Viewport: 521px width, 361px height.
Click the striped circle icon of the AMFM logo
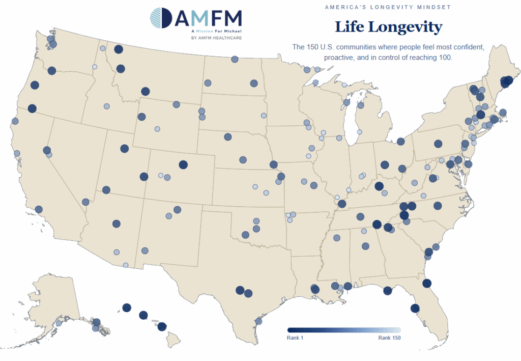[x=161, y=18]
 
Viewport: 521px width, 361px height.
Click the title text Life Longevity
[x=388, y=27]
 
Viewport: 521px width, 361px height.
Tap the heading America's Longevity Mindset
[x=388, y=7]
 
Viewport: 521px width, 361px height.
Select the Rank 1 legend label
[x=296, y=338]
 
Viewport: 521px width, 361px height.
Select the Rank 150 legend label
[x=389, y=338]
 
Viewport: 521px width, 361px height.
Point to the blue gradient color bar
[x=344, y=330]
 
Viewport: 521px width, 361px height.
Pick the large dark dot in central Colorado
[x=183, y=164]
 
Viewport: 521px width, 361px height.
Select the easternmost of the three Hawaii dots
[x=162, y=326]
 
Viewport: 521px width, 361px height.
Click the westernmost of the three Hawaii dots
[x=127, y=308]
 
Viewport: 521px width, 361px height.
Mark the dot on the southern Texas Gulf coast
[x=258, y=321]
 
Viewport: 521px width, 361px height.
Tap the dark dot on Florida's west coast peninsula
[x=415, y=308]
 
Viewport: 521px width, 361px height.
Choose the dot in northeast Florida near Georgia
[x=427, y=283]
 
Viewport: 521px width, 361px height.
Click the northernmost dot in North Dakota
[x=235, y=59]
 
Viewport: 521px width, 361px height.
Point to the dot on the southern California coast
[x=39, y=209]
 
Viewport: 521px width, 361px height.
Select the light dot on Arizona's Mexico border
[x=126, y=265]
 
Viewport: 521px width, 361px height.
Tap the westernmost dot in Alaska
[x=59, y=323]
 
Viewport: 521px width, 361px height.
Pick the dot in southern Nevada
[x=84, y=202]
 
